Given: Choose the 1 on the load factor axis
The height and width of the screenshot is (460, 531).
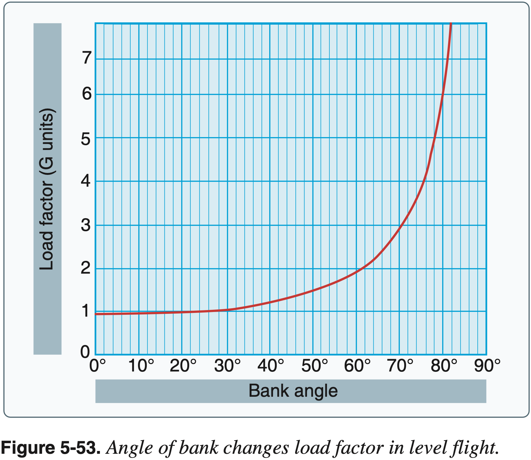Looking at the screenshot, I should [x=85, y=311].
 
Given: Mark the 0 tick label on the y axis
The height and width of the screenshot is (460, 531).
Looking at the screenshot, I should [x=85, y=352].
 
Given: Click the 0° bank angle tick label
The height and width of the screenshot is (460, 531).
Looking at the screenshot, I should [x=98, y=366].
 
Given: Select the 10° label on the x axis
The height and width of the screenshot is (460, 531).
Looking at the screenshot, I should [x=141, y=366].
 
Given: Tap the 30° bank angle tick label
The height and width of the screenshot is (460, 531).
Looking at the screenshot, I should [x=227, y=366].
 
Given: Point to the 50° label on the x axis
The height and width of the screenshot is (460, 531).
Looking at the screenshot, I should [x=315, y=366].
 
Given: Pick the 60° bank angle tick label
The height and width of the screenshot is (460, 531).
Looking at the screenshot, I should [x=357, y=366].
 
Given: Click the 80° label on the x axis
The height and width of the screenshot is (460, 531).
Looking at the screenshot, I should [x=444, y=366].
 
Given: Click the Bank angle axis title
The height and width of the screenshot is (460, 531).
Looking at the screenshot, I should [x=293, y=391].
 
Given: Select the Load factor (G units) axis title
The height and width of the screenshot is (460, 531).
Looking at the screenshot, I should [x=47, y=189].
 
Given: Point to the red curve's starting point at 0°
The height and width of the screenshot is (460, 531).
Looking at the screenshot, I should [x=96, y=314].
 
